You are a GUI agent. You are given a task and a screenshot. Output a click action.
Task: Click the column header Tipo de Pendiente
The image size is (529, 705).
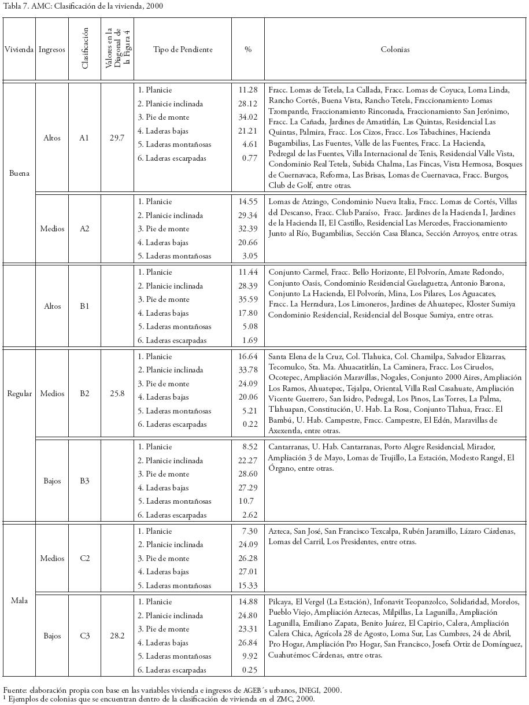point(183,50)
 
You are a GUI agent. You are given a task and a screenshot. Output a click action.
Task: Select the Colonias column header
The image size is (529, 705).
point(395,50)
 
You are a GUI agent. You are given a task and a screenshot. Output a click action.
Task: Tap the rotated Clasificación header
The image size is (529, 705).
point(85,49)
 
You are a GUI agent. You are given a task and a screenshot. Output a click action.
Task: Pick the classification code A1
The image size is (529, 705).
point(84,138)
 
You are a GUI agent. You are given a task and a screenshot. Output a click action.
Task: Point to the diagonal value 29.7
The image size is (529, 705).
point(117,138)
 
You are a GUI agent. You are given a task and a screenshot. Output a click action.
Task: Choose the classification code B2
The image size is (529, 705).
point(84,394)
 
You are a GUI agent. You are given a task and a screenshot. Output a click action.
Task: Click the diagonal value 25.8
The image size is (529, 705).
point(117,394)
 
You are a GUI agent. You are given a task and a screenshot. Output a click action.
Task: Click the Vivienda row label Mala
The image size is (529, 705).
point(19,600)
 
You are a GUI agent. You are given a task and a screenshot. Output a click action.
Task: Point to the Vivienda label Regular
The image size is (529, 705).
point(19,394)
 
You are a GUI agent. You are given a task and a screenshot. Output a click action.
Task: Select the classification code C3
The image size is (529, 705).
point(84,636)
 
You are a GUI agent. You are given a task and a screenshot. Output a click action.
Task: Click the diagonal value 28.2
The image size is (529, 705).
point(117,636)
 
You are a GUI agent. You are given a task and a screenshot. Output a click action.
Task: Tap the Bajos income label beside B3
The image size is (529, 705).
point(51,481)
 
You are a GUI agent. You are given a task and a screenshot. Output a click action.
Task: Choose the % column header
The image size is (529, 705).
point(248,50)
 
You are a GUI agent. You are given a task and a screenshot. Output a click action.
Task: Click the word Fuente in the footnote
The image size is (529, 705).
point(14,690)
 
